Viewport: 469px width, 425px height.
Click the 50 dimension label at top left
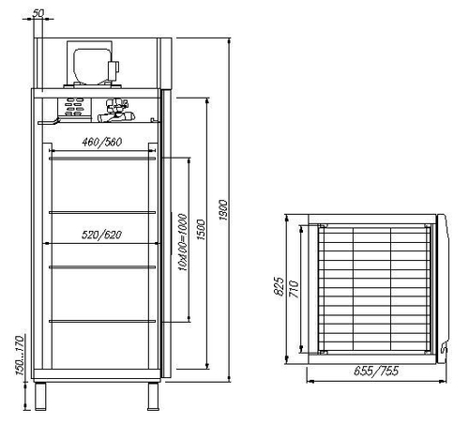(38, 13)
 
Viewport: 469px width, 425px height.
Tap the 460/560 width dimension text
(102, 142)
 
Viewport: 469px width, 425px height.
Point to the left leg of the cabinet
(41, 395)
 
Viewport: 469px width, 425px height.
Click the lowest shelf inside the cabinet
(102, 321)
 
